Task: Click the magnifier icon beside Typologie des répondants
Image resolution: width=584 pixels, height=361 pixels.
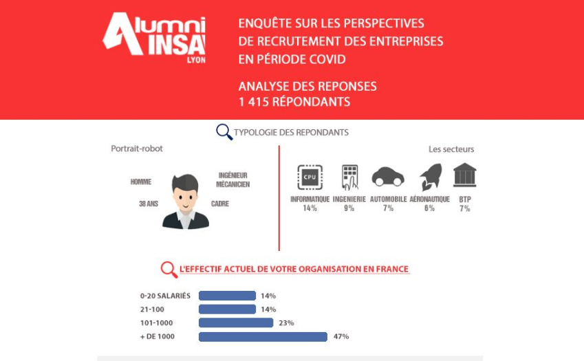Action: [x=224, y=132]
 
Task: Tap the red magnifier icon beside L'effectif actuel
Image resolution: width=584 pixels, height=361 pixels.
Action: [x=169, y=269]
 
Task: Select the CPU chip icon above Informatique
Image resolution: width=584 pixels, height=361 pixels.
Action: [x=309, y=177]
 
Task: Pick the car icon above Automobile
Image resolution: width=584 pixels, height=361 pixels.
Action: [x=388, y=177]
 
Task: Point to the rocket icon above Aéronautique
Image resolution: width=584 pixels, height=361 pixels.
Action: [x=430, y=177]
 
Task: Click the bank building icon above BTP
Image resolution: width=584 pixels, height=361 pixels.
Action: [x=465, y=175]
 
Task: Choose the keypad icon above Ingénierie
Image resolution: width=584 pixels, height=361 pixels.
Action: [x=349, y=177]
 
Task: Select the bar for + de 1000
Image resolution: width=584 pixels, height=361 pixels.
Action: [x=263, y=337]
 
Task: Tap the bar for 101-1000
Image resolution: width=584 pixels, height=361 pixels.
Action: [x=236, y=322]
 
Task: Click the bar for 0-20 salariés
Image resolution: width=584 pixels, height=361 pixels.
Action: [x=227, y=296]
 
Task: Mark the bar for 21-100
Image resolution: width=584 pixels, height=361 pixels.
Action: [x=227, y=309]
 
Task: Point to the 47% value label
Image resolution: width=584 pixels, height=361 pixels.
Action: [x=341, y=337]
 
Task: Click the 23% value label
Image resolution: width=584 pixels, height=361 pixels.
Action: [x=287, y=322]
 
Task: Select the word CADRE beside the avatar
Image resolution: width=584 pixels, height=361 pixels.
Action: [x=220, y=204]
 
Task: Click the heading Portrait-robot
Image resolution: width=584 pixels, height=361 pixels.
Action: [x=137, y=149]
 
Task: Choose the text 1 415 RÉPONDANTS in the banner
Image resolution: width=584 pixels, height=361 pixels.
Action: [x=294, y=102]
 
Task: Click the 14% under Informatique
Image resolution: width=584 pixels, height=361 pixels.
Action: [x=310, y=208]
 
